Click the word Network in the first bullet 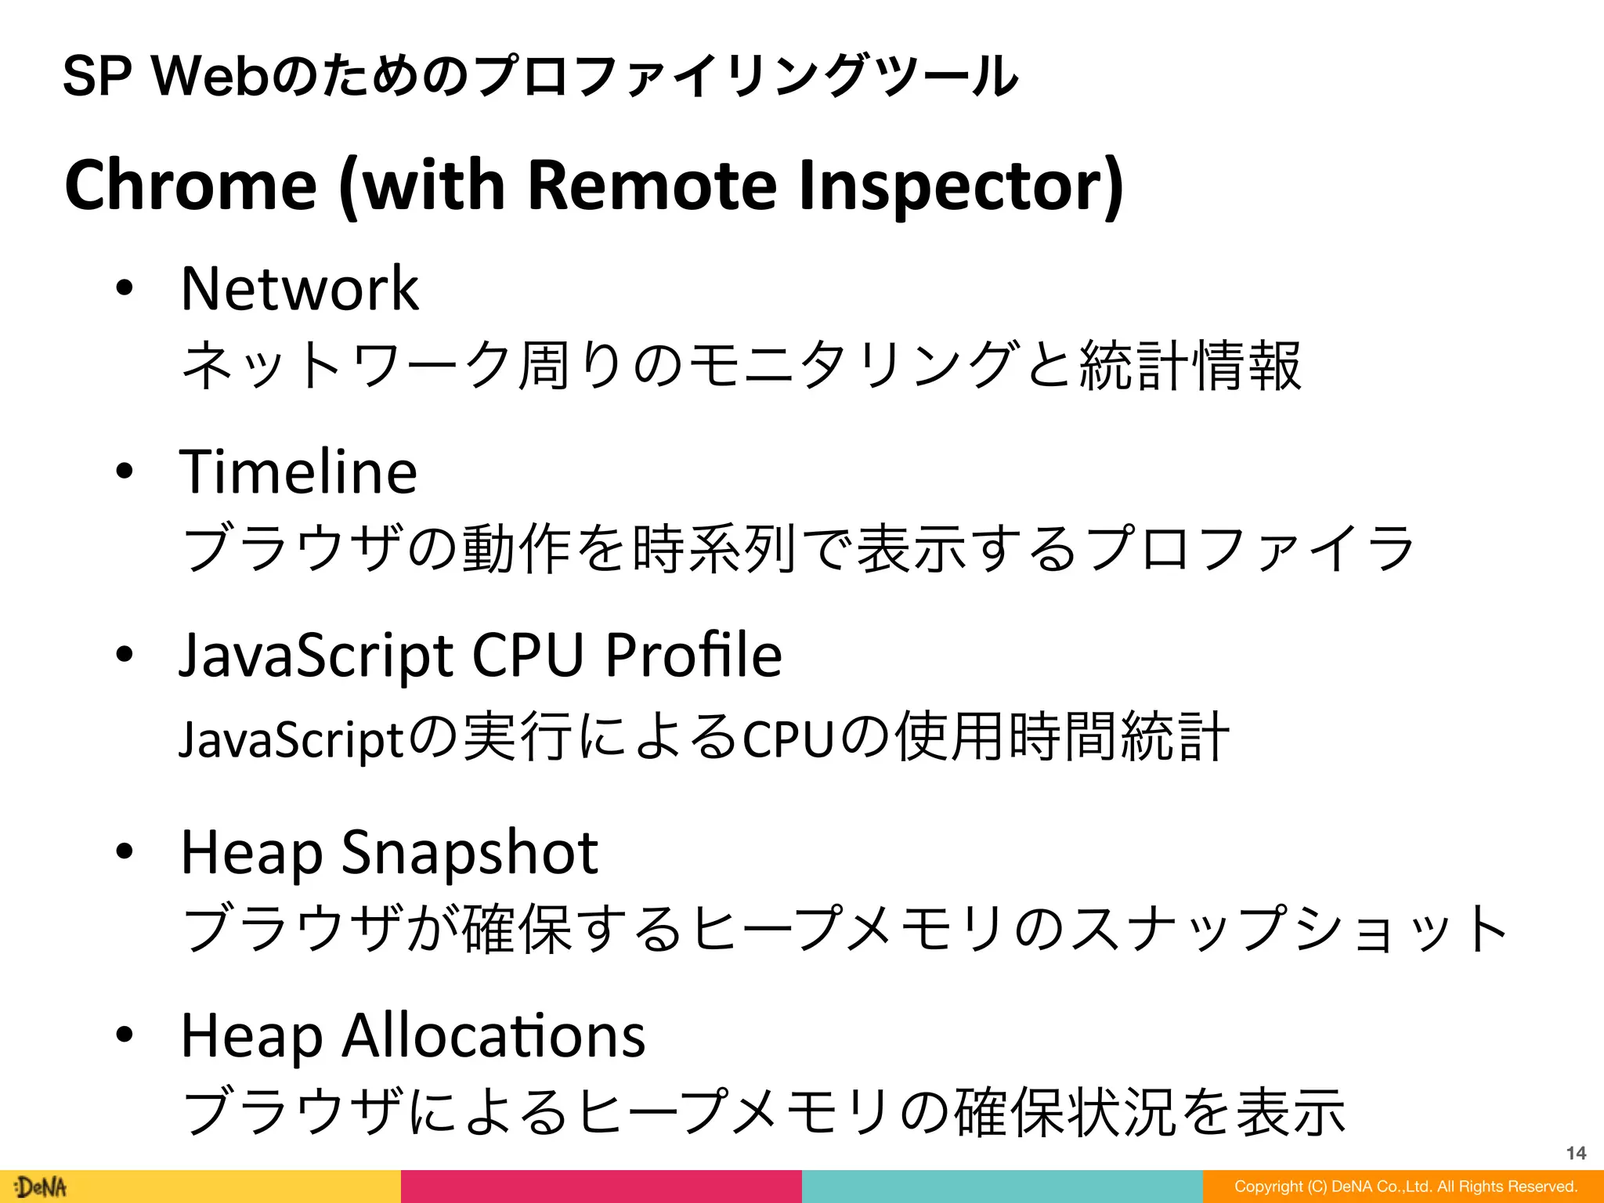(x=299, y=289)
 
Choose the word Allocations (x=493, y=1035)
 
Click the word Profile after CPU (x=693, y=655)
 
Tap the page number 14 (x=1576, y=1153)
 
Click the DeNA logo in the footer (x=41, y=1187)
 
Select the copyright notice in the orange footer (x=1405, y=1187)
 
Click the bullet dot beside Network (x=125, y=289)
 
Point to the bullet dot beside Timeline (x=125, y=472)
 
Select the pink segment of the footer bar (x=601, y=1187)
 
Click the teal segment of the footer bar (x=1002, y=1187)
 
